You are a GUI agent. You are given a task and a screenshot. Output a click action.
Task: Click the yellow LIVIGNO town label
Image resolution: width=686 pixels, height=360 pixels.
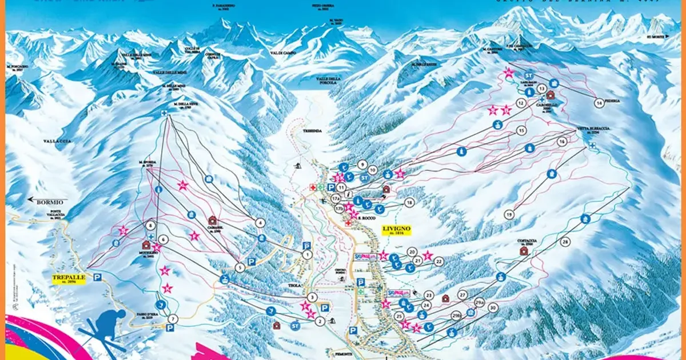pos(396,230)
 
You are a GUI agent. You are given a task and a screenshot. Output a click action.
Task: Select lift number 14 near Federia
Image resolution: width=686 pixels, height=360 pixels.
pos(599,103)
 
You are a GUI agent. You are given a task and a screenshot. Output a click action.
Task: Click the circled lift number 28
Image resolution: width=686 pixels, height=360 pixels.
pos(565,242)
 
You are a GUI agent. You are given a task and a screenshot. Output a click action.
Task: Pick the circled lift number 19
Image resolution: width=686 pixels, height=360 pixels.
pos(509,214)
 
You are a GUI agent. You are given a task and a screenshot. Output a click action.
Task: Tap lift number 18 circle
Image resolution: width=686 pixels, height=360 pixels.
pos(409,202)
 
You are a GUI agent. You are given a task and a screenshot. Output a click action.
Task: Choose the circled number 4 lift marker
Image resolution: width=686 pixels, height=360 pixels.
pos(261,223)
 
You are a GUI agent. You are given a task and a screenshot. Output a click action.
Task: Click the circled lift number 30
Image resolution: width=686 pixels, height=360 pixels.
pos(492,307)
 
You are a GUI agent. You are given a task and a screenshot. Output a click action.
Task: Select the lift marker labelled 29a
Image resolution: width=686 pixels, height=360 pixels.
pos(479,303)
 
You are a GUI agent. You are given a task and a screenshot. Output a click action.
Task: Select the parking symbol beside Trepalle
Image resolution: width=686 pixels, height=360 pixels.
pos(97,277)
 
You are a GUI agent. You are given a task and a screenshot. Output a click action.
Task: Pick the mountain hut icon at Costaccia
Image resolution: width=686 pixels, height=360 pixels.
pos(523,251)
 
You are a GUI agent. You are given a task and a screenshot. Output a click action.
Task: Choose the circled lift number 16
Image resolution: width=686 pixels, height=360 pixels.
pos(562,141)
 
